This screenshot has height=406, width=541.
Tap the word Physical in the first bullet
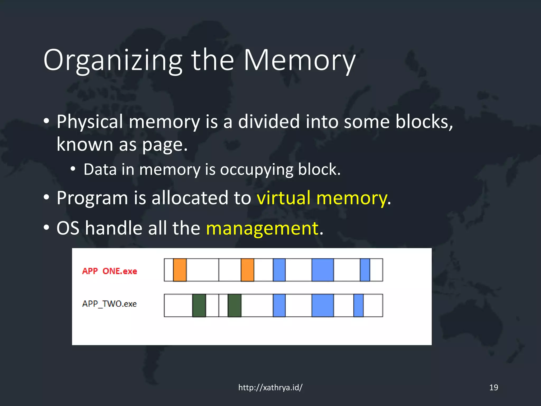[90, 122]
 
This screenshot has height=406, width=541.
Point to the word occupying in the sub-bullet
[256, 169]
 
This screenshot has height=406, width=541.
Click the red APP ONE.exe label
[110, 271]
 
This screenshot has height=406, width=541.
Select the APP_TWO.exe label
[109, 304]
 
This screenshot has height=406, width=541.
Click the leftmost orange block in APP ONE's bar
[180, 270]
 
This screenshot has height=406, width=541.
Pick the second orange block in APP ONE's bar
[248, 270]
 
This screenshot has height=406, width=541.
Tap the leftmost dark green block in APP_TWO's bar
[199, 305]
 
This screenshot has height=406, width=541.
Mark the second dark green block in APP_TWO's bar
[235, 305]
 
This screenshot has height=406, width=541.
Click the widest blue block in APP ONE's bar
[323, 270]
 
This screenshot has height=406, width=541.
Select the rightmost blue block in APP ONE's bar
[365, 270]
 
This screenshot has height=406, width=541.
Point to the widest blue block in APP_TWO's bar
[323, 305]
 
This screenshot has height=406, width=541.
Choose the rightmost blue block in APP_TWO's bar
[358, 305]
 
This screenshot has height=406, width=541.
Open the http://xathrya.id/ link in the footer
[270, 387]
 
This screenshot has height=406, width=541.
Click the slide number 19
[493, 387]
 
